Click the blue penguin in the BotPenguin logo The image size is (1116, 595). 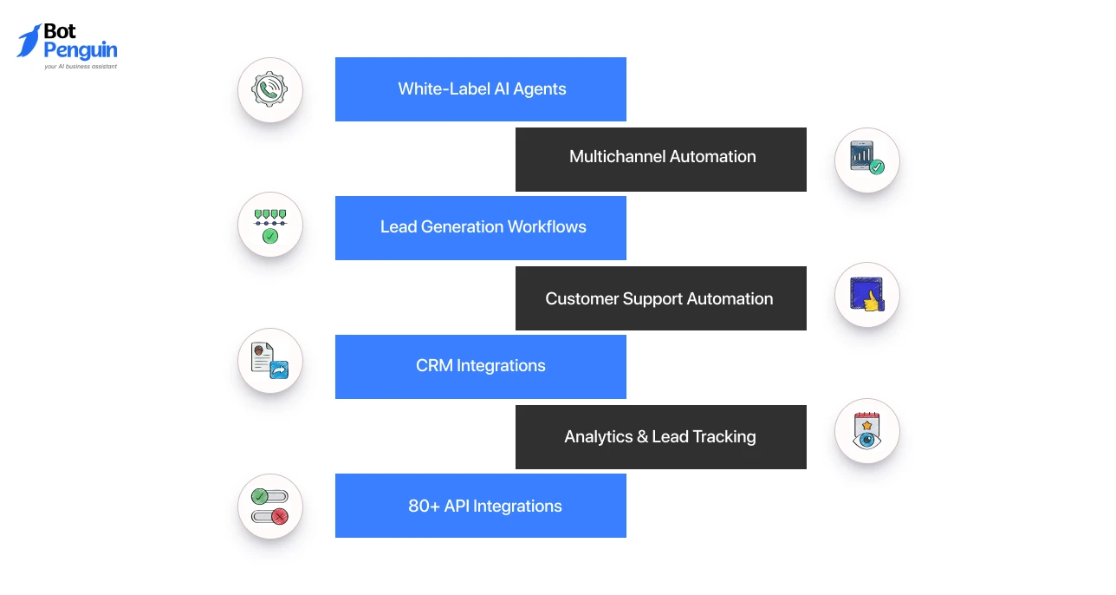(29, 41)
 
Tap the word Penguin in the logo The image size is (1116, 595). (81, 50)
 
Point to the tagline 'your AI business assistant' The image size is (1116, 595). (81, 66)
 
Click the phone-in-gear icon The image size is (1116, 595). (269, 89)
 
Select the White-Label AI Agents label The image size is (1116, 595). (482, 88)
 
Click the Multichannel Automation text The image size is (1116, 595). (662, 157)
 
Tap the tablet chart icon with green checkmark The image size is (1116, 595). (867, 158)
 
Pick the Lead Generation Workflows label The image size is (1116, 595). (483, 227)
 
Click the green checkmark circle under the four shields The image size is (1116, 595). (270, 236)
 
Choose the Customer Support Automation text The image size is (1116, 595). (659, 298)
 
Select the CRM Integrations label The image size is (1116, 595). (481, 365)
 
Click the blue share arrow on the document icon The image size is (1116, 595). (279, 369)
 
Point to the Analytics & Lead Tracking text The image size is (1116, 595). (660, 437)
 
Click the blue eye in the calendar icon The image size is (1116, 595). (866, 440)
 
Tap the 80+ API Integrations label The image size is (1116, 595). (484, 507)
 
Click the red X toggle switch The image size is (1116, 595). (270, 516)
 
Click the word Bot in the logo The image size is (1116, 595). (60, 31)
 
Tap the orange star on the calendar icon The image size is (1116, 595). (866, 425)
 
